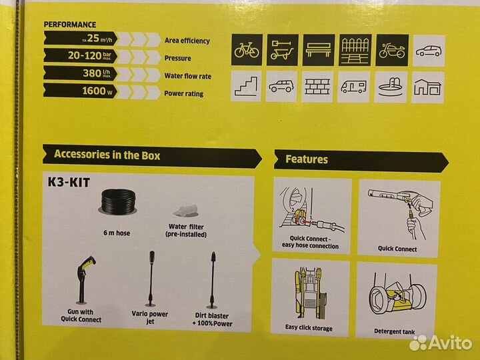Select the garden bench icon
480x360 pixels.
pyautogui.click(x=318, y=50)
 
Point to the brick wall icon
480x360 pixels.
pyautogui.click(x=318, y=86)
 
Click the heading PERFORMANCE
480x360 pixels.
pyautogui.click(x=70, y=25)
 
